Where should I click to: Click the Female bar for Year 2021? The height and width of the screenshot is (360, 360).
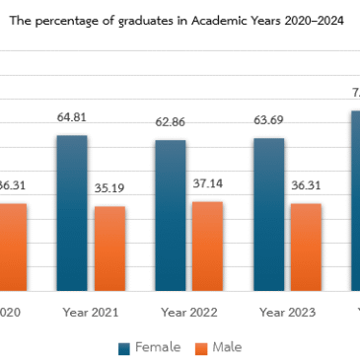click(x=71, y=213)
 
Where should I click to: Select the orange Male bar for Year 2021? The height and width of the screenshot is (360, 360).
click(x=109, y=249)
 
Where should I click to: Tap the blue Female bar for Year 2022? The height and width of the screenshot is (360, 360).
click(x=170, y=215)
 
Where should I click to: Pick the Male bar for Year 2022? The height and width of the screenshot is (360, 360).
click(x=207, y=246)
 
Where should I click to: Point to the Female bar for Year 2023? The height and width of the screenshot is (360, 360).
click(x=268, y=214)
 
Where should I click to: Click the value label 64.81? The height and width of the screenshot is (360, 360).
click(x=71, y=118)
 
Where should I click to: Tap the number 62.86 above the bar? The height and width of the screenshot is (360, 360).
click(x=170, y=123)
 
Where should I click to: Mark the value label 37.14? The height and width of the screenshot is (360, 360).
click(x=207, y=183)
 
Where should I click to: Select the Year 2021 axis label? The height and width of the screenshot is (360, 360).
click(x=90, y=312)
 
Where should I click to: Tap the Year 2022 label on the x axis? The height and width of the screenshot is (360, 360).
click(x=188, y=312)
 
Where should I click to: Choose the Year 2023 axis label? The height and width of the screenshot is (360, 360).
click(x=287, y=312)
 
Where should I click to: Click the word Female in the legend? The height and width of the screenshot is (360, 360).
click(x=157, y=347)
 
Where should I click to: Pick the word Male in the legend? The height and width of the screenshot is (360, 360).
click(x=227, y=347)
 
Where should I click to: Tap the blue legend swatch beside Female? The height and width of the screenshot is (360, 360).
click(x=124, y=348)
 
